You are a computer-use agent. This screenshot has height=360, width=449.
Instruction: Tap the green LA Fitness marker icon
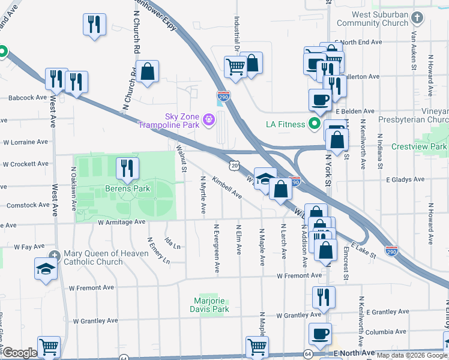[x=313, y=124]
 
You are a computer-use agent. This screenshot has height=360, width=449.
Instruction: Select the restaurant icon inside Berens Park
[x=127, y=169]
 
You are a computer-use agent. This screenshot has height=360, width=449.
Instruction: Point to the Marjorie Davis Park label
[x=212, y=305]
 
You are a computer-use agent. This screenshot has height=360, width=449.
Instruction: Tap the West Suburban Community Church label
[x=372, y=19]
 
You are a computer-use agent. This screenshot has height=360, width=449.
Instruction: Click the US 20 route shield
[x=234, y=164]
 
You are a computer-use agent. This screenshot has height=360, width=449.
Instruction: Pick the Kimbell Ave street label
[x=226, y=188]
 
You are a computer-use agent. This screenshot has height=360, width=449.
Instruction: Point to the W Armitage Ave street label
[x=122, y=222]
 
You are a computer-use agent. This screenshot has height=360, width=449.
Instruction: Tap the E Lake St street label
[x=364, y=251]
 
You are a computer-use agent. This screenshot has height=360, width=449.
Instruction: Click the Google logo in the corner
[x=20, y=353]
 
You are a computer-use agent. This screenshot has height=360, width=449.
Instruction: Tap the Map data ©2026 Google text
[x=411, y=355]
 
